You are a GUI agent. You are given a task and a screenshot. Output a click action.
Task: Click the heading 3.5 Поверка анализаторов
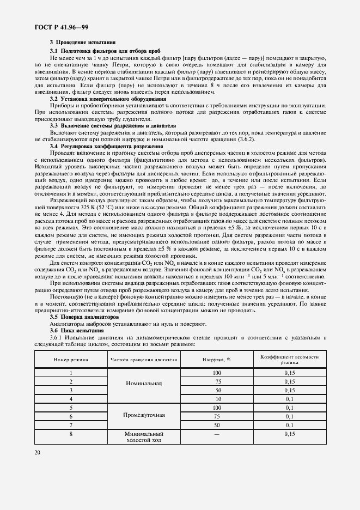point(84,317)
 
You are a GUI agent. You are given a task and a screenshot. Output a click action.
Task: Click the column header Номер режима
point(71,360)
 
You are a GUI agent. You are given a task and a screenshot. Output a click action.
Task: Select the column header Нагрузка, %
point(217,360)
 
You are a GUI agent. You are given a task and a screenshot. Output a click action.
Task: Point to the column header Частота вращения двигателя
point(144,360)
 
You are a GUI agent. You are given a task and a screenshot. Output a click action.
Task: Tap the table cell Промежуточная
point(144,416)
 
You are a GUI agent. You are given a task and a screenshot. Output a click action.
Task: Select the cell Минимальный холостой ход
point(144,437)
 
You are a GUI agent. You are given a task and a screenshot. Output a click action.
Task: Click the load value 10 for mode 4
point(217,398)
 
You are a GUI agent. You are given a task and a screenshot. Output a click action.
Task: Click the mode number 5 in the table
point(71,407)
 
